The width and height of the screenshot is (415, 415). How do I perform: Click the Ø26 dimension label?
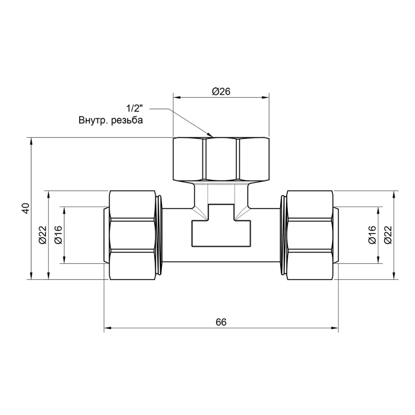tap(221, 92)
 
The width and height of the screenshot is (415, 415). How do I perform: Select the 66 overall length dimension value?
tap(221, 322)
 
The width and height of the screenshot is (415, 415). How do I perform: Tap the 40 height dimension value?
tap(26, 208)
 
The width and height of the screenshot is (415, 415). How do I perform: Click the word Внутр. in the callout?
tap(93, 121)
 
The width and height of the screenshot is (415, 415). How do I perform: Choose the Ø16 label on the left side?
tap(58, 235)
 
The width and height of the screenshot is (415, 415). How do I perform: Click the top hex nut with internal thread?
tap(221, 159)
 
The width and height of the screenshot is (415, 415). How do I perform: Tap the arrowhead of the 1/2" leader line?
tap(210, 135)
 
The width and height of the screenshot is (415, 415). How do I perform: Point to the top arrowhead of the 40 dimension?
tap(32, 140)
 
